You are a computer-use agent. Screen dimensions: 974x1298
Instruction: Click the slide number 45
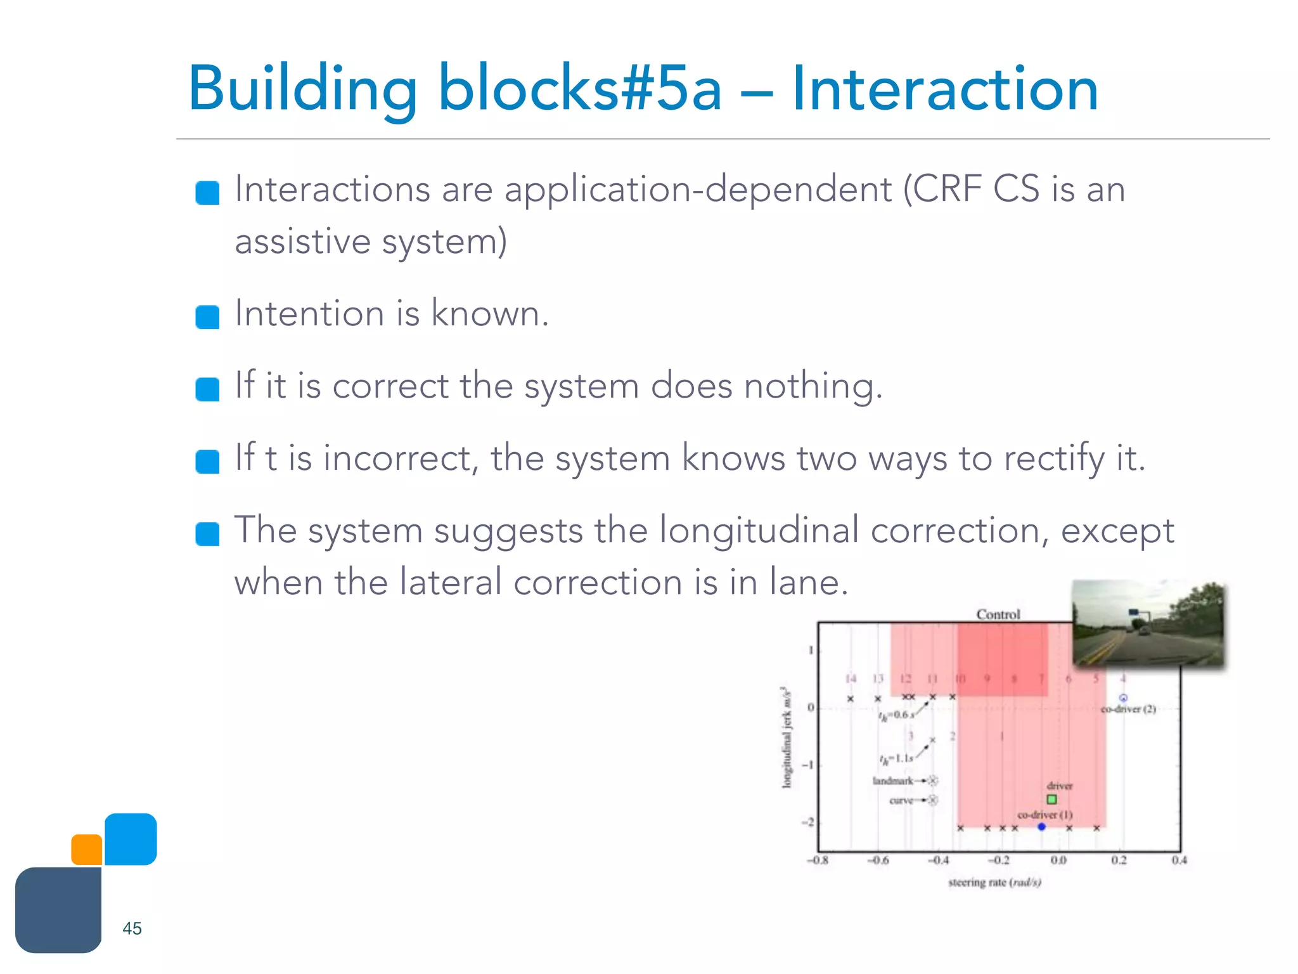[x=132, y=928]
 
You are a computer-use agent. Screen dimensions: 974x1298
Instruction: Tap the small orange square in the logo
[x=87, y=850]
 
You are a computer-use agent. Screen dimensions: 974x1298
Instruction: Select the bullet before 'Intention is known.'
[x=207, y=316]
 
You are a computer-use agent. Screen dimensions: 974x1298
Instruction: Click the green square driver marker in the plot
[x=1051, y=800]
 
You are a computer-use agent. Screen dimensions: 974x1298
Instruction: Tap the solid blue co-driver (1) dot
[x=1041, y=826]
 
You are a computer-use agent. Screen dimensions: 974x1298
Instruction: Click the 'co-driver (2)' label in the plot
[x=1128, y=709]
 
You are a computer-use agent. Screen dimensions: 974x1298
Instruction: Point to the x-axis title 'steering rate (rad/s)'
[x=994, y=882]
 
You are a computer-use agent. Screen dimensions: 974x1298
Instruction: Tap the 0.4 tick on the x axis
[x=1179, y=860]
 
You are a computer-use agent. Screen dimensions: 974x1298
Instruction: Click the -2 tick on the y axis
[x=808, y=822]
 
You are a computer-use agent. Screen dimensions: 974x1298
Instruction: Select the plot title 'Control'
[x=998, y=614]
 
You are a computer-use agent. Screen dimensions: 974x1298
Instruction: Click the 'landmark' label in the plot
[x=892, y=781]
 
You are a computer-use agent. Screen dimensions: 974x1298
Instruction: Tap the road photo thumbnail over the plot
[x=1148, y=623]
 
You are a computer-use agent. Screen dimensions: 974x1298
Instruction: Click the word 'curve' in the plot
[x=901, y=800]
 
